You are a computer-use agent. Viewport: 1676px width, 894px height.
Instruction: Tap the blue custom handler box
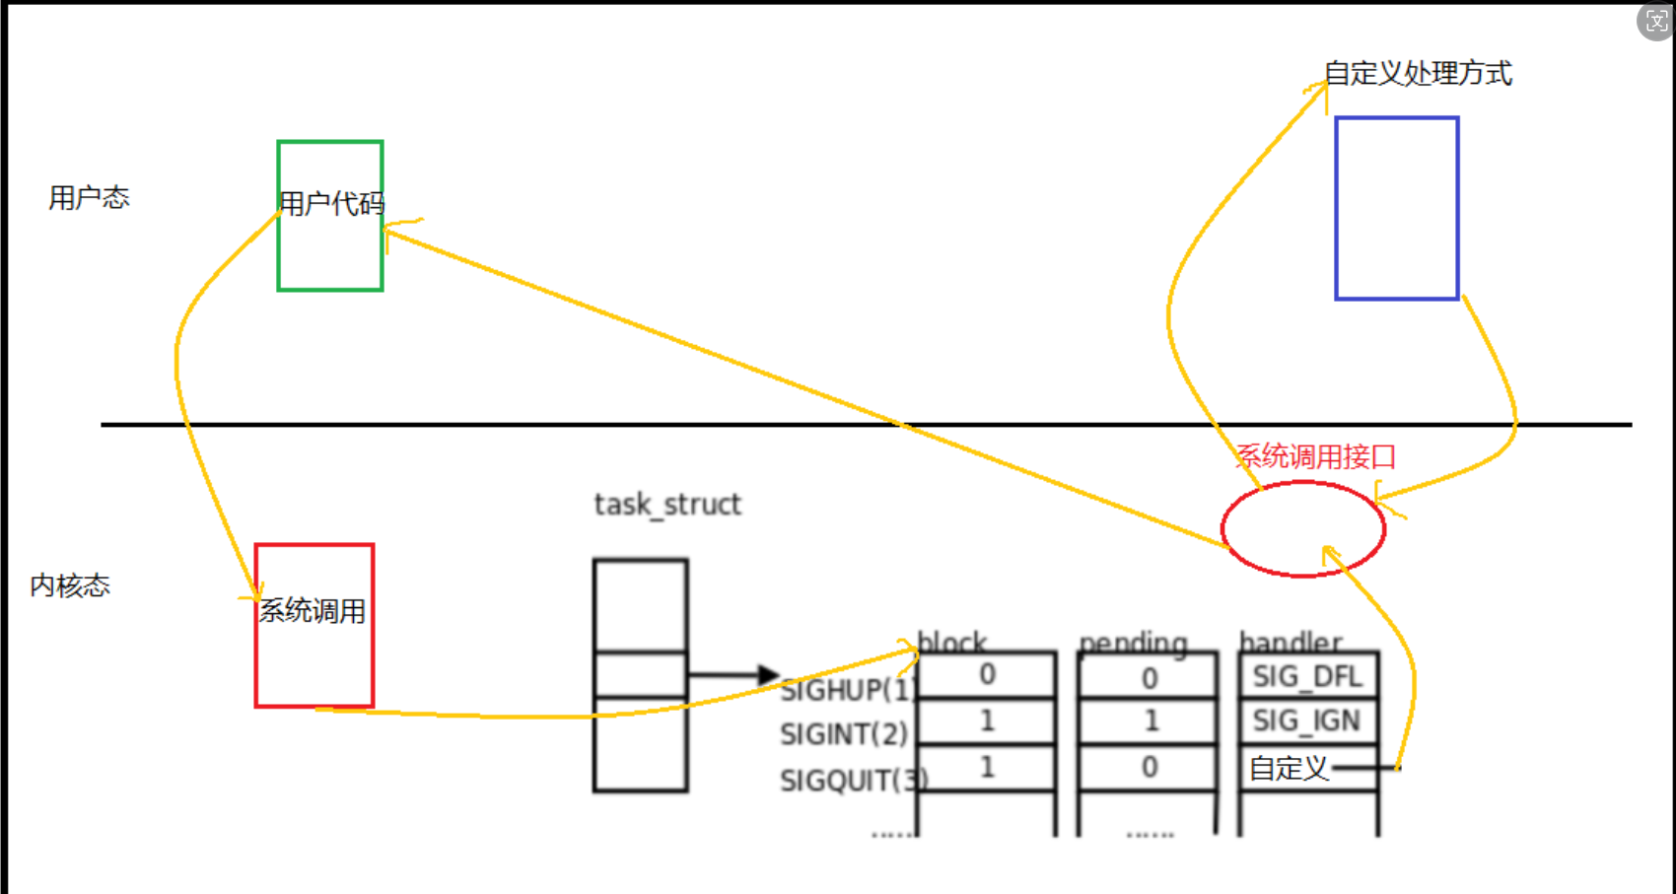pos(1397,208)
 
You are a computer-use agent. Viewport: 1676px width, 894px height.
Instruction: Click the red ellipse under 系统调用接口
pos(1303,529)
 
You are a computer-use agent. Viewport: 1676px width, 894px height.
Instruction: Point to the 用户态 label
pos(89,198)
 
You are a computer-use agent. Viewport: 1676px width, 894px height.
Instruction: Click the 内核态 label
pos(70,585)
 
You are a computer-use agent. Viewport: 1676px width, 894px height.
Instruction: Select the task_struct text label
pos(667,505)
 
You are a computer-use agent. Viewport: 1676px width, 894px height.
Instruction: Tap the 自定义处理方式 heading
pos(1418,73)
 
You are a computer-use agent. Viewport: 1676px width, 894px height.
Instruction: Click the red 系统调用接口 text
pos(1316,456)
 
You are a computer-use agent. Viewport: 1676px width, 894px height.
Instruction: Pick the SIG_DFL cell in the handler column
pos(1307,676)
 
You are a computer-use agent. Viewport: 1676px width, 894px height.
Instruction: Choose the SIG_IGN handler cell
pos(1307,722)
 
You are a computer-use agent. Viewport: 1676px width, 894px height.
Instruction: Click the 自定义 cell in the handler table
pos(1290,768)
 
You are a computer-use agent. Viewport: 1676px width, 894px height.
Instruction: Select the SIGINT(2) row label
pos(844,734)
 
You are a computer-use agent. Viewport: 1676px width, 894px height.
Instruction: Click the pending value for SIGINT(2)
pos(1151,722)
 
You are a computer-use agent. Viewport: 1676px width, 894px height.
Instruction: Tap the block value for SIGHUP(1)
pos(987,675)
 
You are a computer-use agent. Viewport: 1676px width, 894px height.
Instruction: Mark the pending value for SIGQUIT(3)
pos(1150,768)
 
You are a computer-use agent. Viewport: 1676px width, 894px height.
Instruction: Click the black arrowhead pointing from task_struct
pos(769,675)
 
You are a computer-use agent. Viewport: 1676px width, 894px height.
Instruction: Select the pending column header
pos(1134,644)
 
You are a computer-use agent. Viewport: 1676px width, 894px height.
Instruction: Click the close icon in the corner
pos(1656,21)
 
